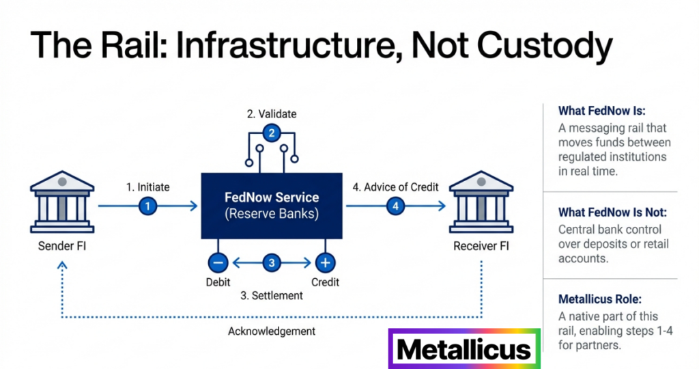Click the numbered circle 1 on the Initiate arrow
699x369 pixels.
[x=148, y=206]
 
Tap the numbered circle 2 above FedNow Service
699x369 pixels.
[x=271, y=133]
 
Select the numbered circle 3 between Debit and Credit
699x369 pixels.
[x=271, y=262]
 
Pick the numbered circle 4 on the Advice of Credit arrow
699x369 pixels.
[x=394, y=206]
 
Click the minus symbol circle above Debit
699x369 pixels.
[x=218, y=262]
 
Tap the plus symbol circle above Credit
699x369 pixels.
[x=325, y=262]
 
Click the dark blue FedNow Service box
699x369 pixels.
[x=272, y=205]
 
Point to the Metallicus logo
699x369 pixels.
[x=464, y=349]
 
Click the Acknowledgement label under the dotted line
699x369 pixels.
[x=272, y=331]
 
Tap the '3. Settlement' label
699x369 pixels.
[x=271, y=296]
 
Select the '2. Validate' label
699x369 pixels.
[x=272, y=113]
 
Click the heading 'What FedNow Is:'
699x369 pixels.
[x=602, y=111]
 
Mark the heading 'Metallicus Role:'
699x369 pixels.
[x=600, y=299]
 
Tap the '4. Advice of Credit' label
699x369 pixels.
[x=395, y=187]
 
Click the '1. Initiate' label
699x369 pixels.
[x=148, y=187]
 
